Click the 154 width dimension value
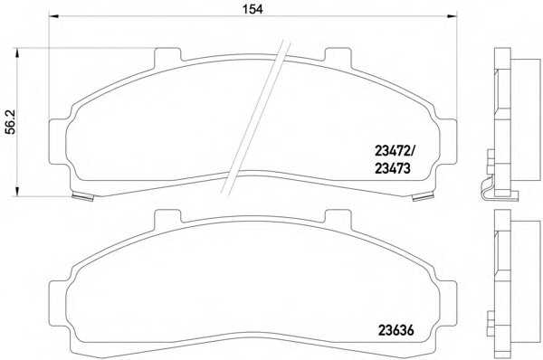click(252, 9)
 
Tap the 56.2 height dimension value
click(11, 122)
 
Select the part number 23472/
click(395, 151)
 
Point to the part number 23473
click(393, 168)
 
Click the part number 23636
click(395, 330)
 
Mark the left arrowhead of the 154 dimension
click(54, 16)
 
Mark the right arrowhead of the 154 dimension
click(452, 16)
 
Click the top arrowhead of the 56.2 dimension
click(16, 53)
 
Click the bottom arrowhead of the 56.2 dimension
click(16, 192)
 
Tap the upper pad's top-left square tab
click(167, 55)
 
